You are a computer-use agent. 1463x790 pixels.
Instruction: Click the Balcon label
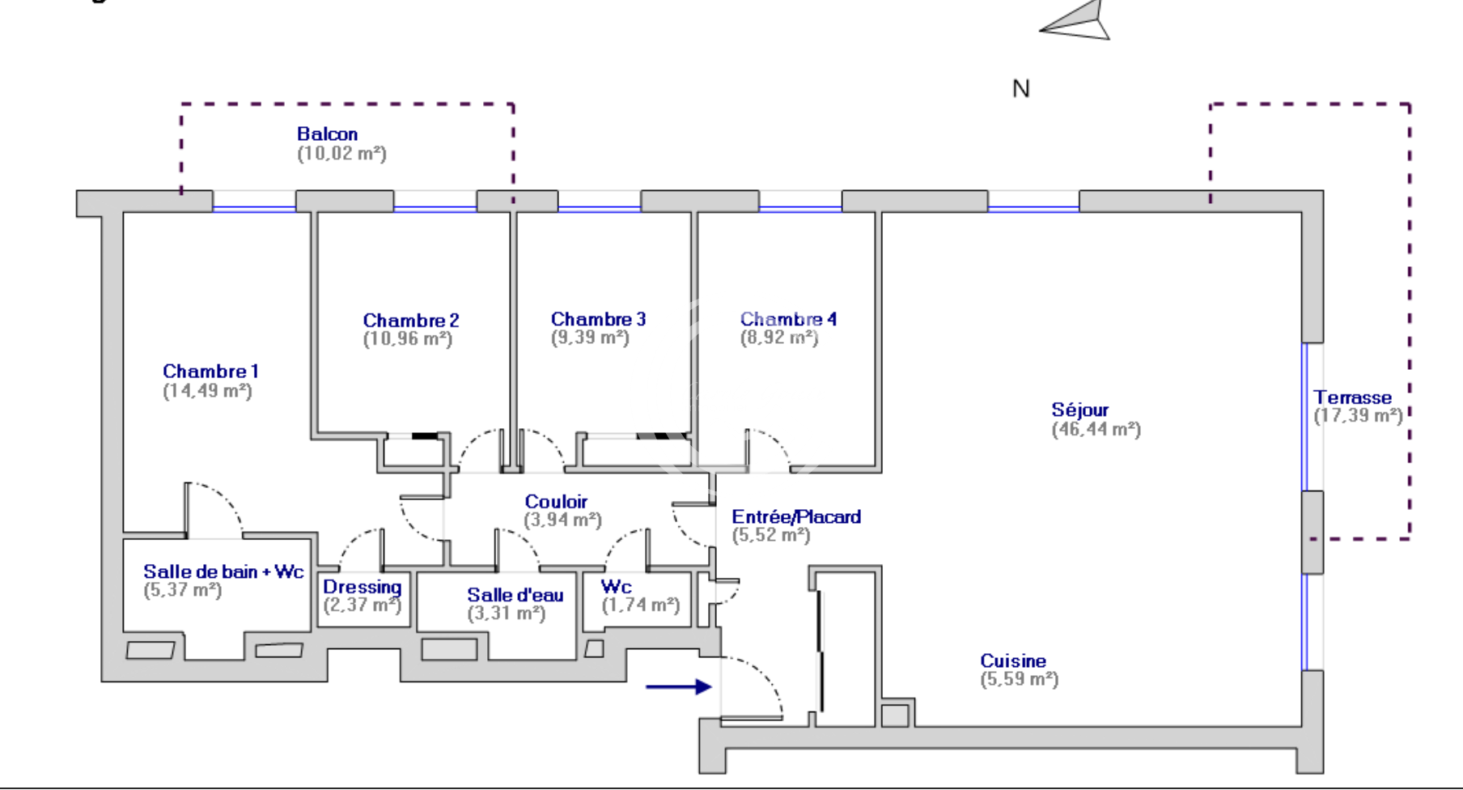coord(327,134)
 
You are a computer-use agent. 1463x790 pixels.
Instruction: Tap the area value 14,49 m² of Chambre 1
coord(207,391)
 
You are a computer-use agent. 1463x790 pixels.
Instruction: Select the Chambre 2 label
coord(411,321)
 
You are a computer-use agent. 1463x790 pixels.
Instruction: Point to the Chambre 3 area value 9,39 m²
coord(590,338)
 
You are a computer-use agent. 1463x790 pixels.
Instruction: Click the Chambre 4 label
coord(788,319)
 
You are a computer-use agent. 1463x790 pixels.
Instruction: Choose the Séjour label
coord(1079,410)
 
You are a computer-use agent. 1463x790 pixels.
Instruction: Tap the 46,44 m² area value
coord(1096,430)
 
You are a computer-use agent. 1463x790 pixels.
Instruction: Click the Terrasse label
coord(1352,397)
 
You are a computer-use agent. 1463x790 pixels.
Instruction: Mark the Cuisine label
coord(1013,661)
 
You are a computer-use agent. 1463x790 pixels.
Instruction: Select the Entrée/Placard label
coord(796,516)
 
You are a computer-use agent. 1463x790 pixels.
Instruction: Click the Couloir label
coord(556,502)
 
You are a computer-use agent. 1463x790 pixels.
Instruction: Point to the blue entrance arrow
coord(678,687)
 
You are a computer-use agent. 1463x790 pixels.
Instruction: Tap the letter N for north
coord(1021,89)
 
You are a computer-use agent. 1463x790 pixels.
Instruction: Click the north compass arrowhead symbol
coord(1076,23)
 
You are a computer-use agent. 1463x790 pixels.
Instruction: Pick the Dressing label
coord(362,588)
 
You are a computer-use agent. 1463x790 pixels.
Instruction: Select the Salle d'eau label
coord(515,595)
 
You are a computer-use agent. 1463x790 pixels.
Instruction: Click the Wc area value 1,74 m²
coord(640,605)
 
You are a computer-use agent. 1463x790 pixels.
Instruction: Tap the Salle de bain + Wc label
coord(223,571)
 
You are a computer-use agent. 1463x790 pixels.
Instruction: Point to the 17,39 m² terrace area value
coord(1358,416)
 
